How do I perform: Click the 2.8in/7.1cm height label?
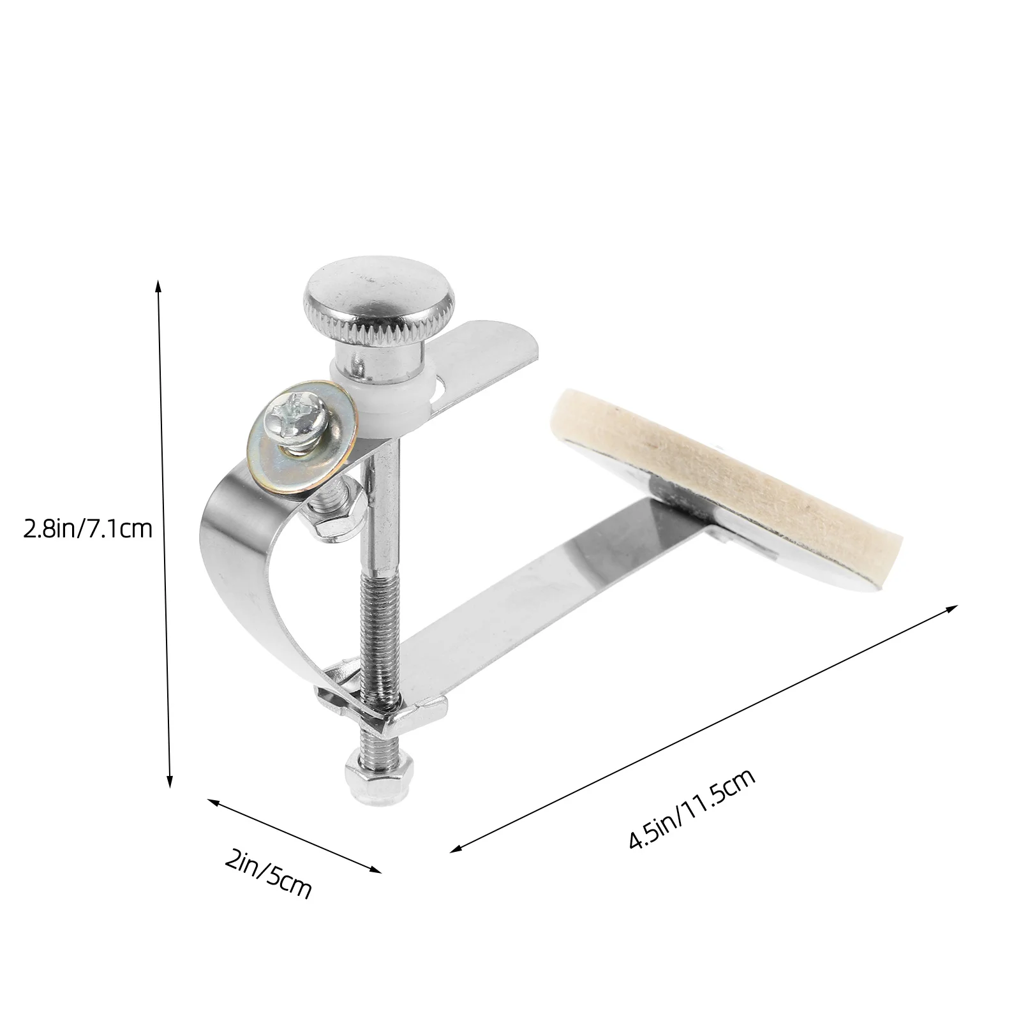[88, 529]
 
